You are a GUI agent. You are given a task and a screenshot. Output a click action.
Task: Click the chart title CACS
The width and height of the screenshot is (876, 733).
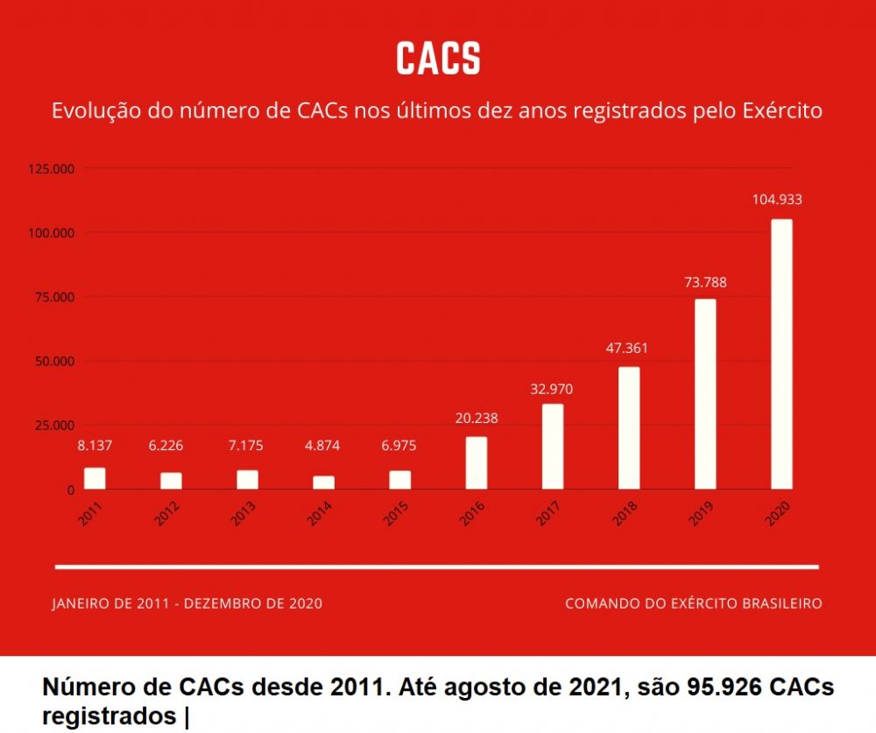point(438,58)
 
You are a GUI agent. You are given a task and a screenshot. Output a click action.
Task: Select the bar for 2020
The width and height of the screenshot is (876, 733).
point(781,354)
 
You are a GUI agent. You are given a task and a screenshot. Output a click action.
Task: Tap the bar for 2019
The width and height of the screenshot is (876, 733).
point(705,394)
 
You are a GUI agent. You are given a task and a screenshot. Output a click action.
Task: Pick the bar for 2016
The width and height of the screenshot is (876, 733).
point(477,462)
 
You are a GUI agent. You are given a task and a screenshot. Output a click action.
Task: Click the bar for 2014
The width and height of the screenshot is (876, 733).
point(324,483)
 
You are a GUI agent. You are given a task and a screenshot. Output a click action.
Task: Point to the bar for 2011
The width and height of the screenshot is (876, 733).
point(95,478)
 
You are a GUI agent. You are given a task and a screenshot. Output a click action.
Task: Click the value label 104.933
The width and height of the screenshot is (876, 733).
point(777,200)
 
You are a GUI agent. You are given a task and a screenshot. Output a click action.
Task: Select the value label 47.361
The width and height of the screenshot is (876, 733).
point(628,348)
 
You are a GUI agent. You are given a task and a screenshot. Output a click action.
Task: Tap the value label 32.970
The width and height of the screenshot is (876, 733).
point(552,389)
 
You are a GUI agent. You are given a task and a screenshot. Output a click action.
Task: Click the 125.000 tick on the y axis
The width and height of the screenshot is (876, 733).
point(51,168)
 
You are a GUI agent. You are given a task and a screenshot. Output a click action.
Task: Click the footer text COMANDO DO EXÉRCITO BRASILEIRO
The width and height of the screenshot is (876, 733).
point(694,603)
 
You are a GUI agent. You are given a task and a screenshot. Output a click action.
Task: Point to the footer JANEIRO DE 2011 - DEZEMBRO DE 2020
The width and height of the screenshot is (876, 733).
point(187,603)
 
